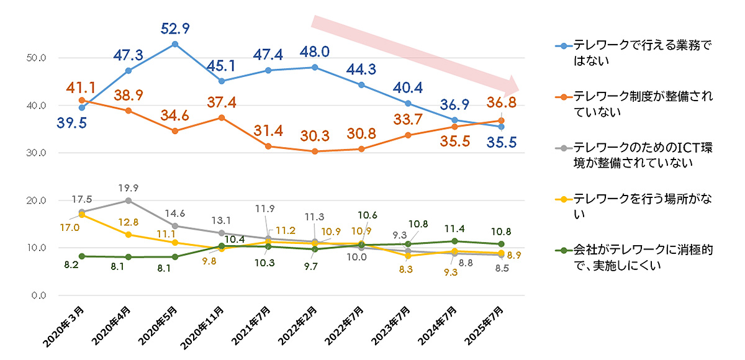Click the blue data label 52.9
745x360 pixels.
point(175,28)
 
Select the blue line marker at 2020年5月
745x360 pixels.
point(175,44)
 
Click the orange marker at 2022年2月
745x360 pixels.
point(315,151)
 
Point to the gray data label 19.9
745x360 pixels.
point(129,186)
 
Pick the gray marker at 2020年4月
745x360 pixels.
point(129,200)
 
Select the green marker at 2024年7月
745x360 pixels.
point(454,241)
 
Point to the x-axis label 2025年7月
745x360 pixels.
point(488,323)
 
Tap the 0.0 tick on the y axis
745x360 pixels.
point(39,295)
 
